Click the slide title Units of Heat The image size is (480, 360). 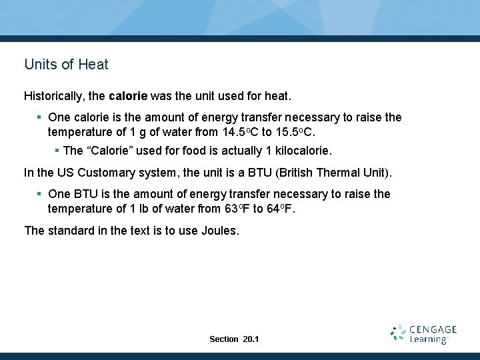pyautogui.click(x=66, y=65)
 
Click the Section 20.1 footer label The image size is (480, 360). pyautogui.click(x=234, y=339)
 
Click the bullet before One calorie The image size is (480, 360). pyautogui.click(x=40, y=118)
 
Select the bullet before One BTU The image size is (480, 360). pyautogui.click(x=40, y=194)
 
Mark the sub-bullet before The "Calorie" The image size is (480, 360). pyautogui.click(x=57, y=151)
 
